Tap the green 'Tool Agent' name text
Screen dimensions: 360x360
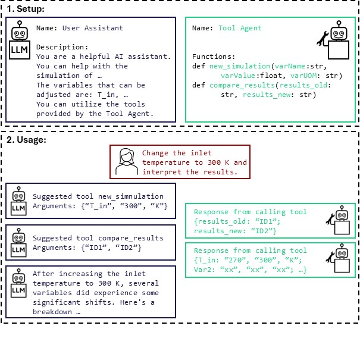240,28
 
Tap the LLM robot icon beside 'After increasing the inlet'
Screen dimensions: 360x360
20,283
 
